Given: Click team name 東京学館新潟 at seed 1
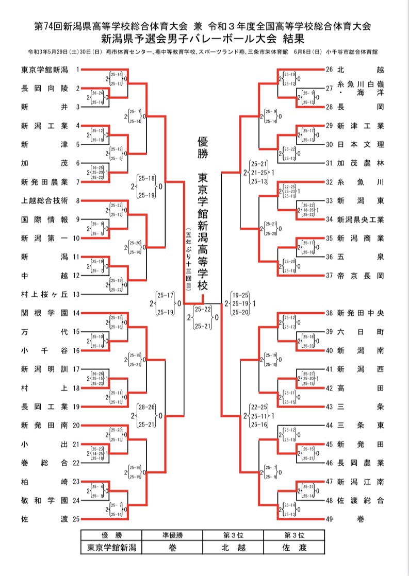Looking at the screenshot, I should click(x=44, y=69).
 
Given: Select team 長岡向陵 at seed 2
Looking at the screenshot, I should click(x=44, y=88).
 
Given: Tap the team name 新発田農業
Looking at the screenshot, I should click(x=44, y=181).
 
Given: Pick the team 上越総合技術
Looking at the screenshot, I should click(x=44, y=200).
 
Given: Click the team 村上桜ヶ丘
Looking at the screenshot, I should click(x=44, y=294).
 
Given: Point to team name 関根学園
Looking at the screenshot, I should click(x=44, y=313).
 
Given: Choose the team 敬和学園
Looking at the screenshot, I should click(x=44, y=500).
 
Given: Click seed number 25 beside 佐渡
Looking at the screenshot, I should click(x=76, y=519).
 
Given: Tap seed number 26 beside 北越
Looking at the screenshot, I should click(x=330, y=69).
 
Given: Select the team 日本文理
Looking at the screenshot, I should click(x=361, y=144).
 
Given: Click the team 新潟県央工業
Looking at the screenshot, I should click(x=361, y=219).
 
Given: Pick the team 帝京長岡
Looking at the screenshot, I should click(x=361, y=275).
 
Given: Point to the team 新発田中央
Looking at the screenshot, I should click(x=361, y=313).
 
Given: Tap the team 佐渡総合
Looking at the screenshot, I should click(x=361, y=500).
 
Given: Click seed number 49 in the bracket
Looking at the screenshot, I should click(x=330, y=519).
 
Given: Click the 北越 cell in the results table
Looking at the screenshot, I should click(x=233, y=547).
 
